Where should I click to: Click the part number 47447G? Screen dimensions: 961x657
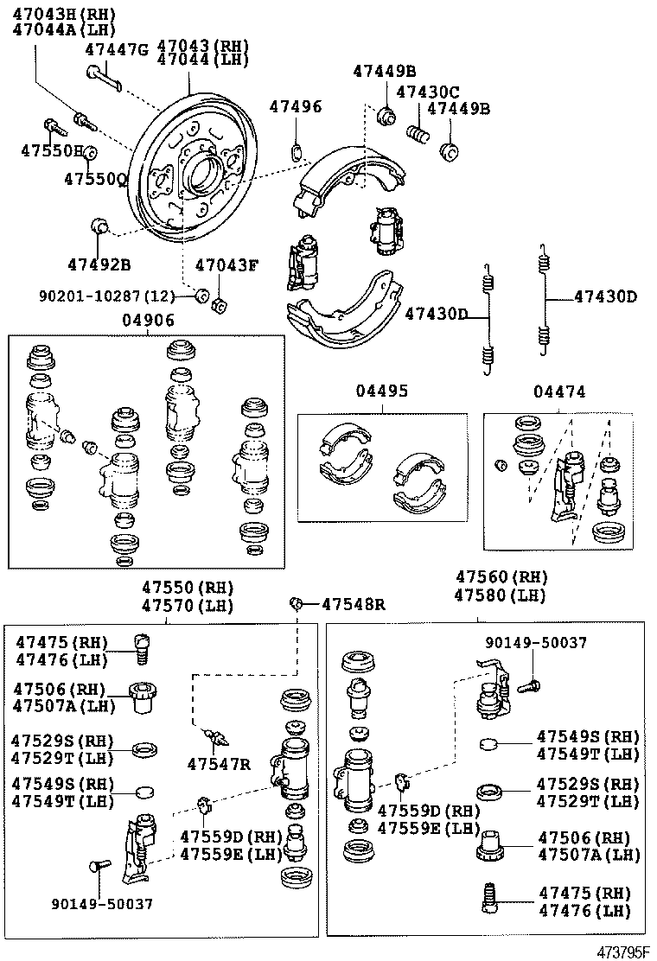point(117,50)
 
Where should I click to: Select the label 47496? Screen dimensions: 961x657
point(295,107)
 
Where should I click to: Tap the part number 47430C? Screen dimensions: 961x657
point(427,92)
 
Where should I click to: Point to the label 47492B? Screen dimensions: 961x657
point(99,263)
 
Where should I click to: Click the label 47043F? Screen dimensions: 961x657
point(226,265)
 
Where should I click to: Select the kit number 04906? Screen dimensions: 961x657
point(148,320)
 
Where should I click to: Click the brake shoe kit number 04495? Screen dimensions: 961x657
point(380,391)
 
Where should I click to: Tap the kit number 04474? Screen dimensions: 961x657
point(559,391)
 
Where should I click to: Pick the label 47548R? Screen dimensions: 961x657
point(353,604)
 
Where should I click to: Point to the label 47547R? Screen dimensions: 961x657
point(219,763)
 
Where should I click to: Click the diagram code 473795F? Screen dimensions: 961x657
point(622,951)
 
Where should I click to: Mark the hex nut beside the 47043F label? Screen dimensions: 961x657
point(219,304)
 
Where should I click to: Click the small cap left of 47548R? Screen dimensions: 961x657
point(297,602)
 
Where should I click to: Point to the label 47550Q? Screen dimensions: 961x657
point(95,179)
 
